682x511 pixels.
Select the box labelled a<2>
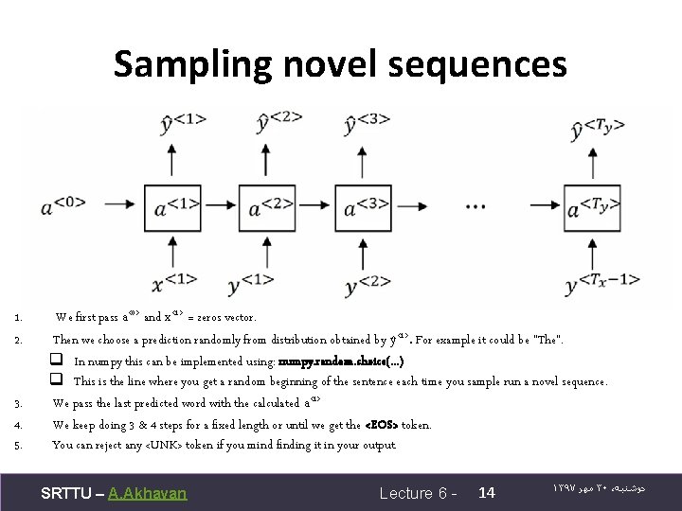(268, 206)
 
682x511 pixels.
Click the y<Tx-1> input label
(601, 282)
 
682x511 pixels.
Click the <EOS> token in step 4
(389, 425)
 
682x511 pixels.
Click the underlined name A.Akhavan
(148, 492)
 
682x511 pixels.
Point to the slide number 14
(488, 492)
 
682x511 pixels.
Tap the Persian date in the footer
(614, 491)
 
